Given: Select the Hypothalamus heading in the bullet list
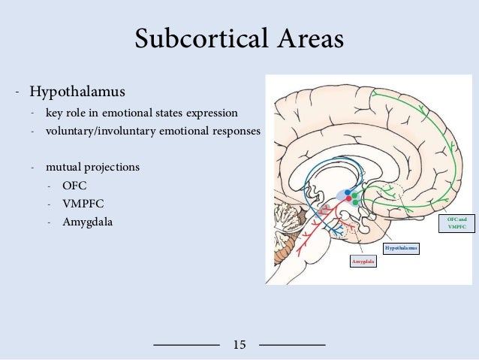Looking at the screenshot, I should pos(77,92).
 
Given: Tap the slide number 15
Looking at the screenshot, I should pos(239,345).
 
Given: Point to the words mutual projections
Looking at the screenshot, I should pos(92,167).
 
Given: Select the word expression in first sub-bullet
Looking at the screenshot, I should pos(212,113).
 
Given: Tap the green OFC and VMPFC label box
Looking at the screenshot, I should pos(456,223).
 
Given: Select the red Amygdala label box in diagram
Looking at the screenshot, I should pos(363,262).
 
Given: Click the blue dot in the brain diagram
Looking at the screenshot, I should pos(348,192).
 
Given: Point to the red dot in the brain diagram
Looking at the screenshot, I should pos(348,199).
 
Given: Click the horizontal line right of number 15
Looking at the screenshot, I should pos(292,344).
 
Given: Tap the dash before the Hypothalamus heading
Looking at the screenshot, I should pos(16,93).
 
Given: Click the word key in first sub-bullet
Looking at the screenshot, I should pos(53,113).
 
